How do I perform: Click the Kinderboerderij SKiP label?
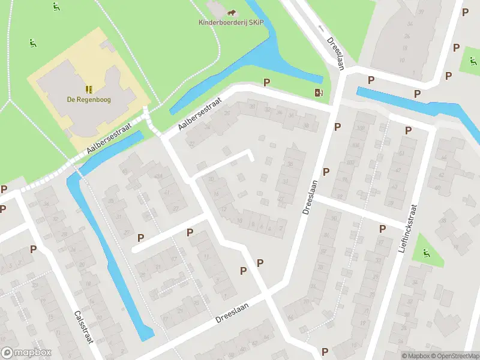231,23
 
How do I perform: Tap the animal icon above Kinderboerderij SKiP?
231,12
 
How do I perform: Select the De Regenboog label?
89,100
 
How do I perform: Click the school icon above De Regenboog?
89,89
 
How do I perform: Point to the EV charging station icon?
319,92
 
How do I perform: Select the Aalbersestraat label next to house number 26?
200,114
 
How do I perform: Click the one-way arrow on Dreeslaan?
321,28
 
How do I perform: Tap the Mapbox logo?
26,353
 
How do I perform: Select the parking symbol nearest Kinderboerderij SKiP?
266,82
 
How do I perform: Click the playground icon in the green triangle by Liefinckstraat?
427,254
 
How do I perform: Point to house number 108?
361,128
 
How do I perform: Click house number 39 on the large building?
421,12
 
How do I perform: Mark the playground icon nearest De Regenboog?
32,43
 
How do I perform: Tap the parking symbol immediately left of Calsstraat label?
34,248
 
